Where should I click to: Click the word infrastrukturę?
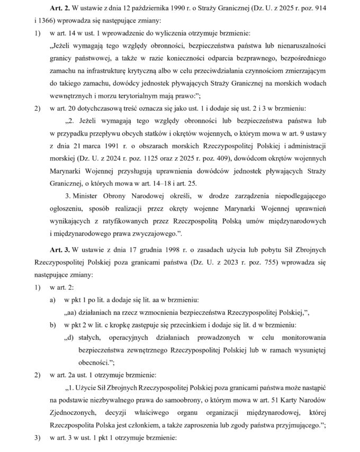(x=109, y=84)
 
